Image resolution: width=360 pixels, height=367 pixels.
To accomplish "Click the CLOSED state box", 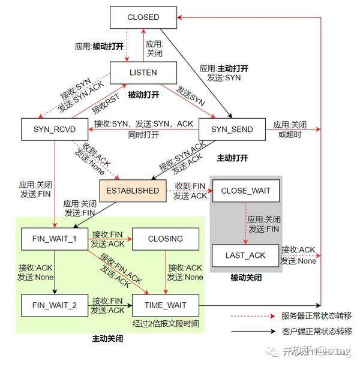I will click(x=143, y=17).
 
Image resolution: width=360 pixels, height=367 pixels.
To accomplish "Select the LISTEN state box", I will click(x=143, y=73).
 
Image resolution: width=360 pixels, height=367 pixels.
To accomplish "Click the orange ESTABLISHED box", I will click(x=133, y=191).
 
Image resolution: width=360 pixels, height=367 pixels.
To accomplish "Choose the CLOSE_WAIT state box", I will click(x=245, y=191).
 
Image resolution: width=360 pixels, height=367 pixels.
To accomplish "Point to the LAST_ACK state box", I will click(x=245, y=255).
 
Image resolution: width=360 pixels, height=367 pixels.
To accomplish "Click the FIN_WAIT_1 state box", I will click(x=55, y=239).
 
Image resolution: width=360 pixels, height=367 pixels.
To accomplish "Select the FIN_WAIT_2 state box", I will click(x=55, y=305).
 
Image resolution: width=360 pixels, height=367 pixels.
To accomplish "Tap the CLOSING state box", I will click(x=165, y=239).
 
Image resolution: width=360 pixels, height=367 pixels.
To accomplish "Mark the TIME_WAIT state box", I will click(x=165, y=305).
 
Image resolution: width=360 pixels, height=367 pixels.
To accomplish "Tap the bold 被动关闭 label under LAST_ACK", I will click(x=245, y=277).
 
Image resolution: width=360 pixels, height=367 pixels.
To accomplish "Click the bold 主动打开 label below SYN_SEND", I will click(x=232, y=158).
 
